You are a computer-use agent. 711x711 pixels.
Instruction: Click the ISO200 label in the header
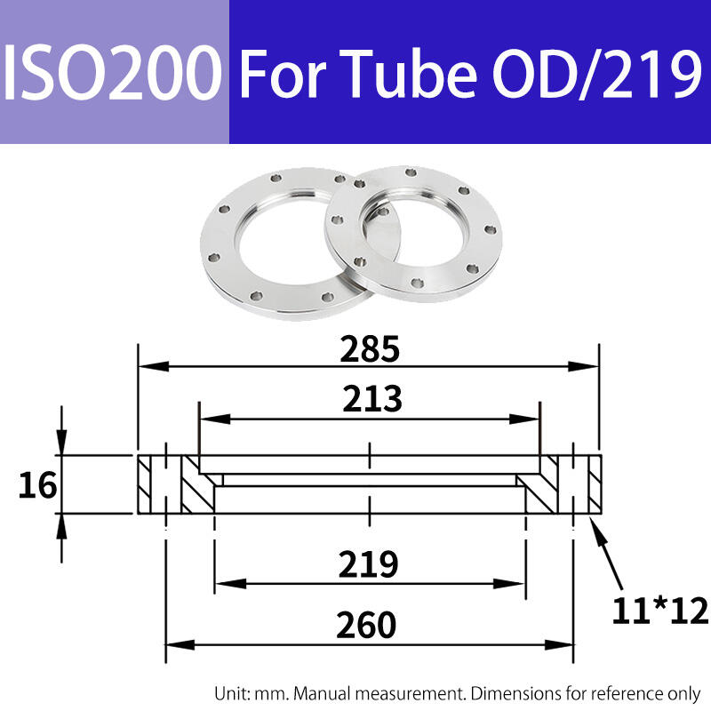[x=113, y=73]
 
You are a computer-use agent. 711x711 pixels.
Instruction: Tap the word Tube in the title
[x=408, y=73]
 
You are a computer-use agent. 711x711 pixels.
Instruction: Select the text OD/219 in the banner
[x=597, y=73]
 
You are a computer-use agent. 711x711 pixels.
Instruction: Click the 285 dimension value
[x=370, y=349]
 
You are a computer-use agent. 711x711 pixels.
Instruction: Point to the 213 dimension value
[x=371, y=398]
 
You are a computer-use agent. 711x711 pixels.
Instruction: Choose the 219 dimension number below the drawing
[x=368, y=564]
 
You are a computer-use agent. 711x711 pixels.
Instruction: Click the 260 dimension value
[x=366, y=625]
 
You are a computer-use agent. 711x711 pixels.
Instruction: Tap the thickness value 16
[x=37, y=485]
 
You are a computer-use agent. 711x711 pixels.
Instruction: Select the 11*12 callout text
[x=659, y=611]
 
